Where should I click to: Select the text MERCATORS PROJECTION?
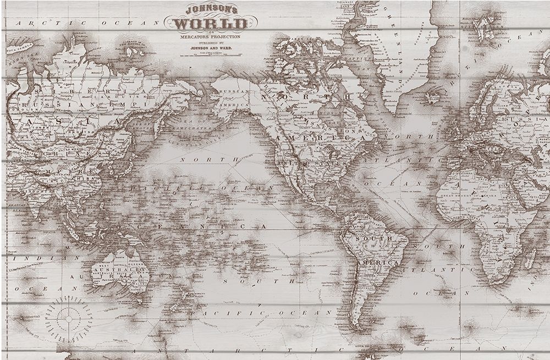tap(210, 36)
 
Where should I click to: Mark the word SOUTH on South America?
tap(373, 240)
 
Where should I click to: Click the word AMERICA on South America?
tap(378, 264)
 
